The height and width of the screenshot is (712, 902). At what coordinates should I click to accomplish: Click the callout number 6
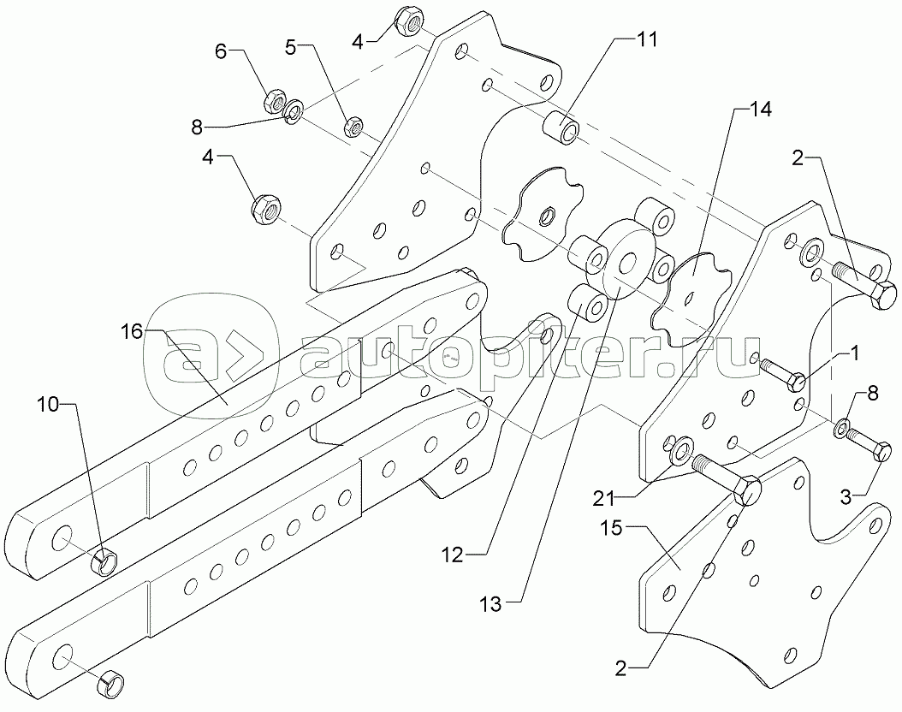pyautogui.click(x=221, y=51)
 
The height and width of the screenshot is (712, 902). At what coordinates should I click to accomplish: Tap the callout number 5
pyautogui.click(x=291, y=48)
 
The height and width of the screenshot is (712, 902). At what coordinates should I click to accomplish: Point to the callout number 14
pyautogui.click(x=760, y=109)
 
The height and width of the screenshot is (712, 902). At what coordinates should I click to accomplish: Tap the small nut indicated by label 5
pyautogui.click(x=352, y=128)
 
